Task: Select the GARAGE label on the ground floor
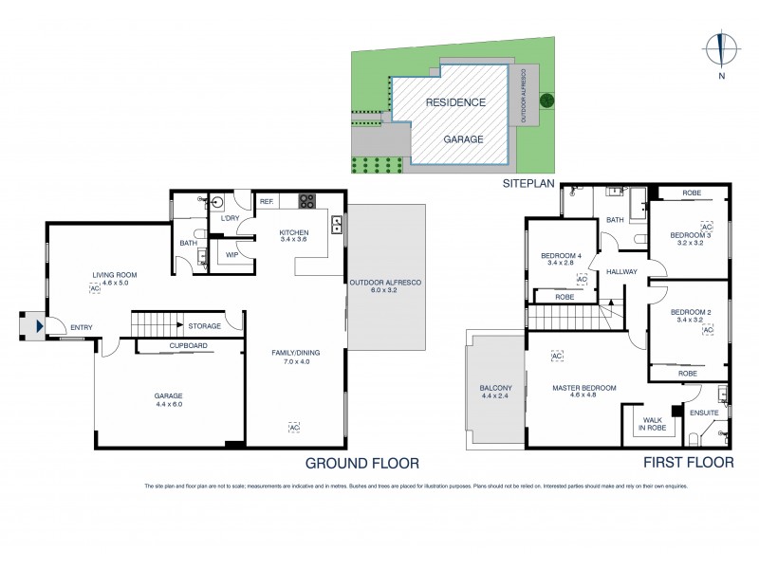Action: pyautogui.click(x=168, y=396)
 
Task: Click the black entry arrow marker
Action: pyautogui.click(x=39, y=327)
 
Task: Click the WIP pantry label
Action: pyautogui.click(x=231, y=253)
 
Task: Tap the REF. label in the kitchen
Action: pyautogui.click(x=267, y=201)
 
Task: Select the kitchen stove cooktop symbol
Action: pyautogui.click(x=307, y=201)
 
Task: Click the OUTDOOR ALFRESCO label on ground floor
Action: pyautogui.click(x=385, y=283)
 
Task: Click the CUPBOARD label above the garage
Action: pyautogui.click(x=188, y=346)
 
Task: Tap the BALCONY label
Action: pyautogui.click(x=495, y=388)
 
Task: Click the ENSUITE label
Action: pyautogui.click(x=704, y=413)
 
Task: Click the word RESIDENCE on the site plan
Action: pyautogui.click(x=455, y=102)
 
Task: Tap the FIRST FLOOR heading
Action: pyautogui.click(x=690, y=463)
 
